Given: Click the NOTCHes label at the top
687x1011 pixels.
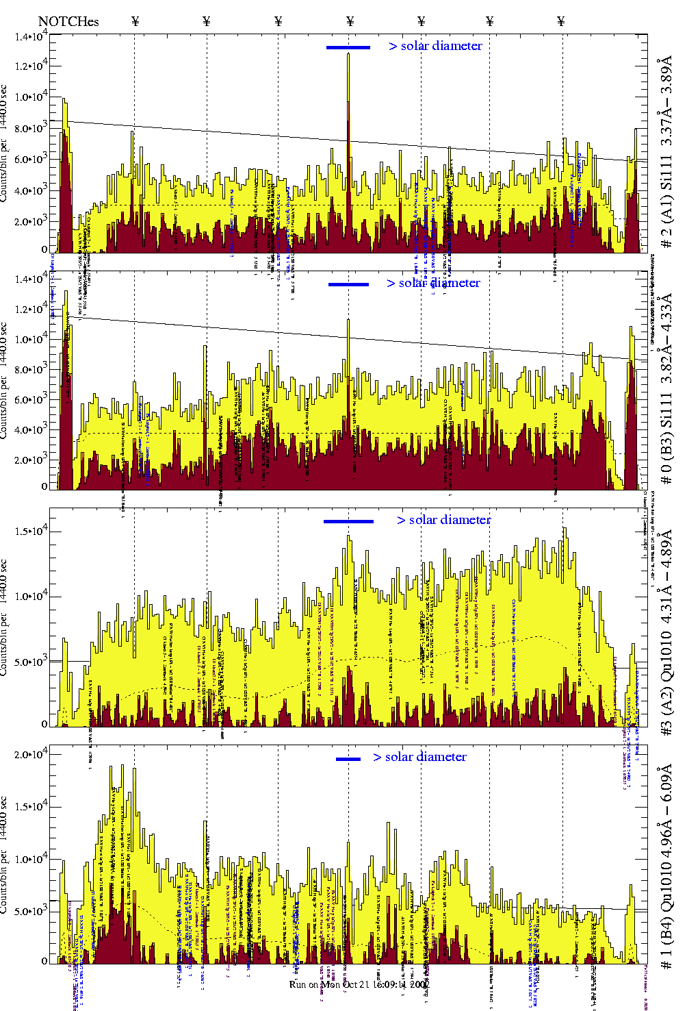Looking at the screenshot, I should tap(68, 21).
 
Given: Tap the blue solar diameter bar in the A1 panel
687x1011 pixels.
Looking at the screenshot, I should tap(348, 47).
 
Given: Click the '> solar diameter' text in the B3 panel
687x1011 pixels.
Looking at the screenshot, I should tap(433, 283).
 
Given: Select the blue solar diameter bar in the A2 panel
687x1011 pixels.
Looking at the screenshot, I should tap(348, 521).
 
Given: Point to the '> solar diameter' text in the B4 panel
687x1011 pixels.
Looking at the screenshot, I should tap(419, 757).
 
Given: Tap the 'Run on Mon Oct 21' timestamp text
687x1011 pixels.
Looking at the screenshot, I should tap(359, 984).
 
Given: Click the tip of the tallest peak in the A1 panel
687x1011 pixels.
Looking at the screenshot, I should tap(348, 54).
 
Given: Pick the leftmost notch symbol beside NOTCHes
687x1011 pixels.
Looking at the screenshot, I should tap(135, 21).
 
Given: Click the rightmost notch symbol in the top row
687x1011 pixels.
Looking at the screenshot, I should tap(561, 21).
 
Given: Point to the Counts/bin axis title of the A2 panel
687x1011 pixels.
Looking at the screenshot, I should tap(5, 617).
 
